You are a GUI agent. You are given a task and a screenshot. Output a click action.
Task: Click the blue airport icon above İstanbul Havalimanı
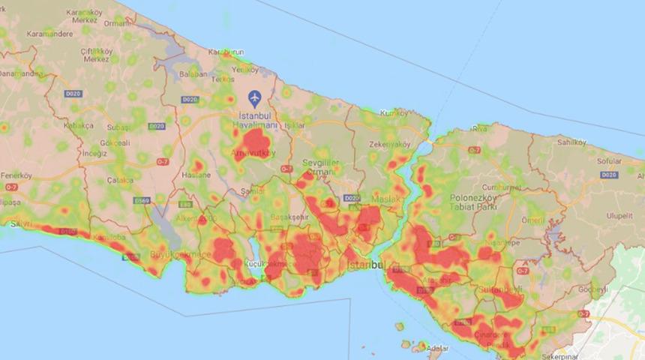point(254,98)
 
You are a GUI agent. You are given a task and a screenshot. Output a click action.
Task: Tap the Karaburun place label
point(226,52)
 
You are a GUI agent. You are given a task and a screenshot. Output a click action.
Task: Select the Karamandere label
point(28,34)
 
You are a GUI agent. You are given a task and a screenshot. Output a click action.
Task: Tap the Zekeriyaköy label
point(390,144)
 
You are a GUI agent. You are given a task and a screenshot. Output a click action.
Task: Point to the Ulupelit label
point(620,214)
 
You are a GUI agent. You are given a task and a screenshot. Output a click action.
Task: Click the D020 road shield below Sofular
point(608,174)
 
